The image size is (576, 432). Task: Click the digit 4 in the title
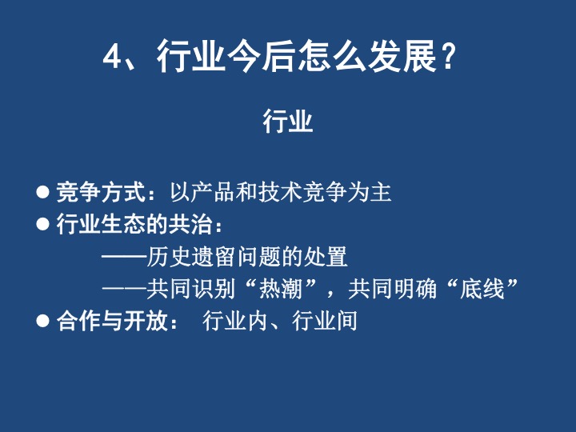coord(112,57)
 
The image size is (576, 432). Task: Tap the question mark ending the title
coord(448,57)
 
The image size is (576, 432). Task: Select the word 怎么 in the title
coord(332,56)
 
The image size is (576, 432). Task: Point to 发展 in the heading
coord(402,56)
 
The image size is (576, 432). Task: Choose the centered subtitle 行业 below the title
coord(288,121)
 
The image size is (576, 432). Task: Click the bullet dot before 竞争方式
coord(43,192)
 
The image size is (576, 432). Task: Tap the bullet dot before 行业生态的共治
coord(43,224)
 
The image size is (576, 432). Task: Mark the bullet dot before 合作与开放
coord(43,320)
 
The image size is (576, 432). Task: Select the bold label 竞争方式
coord(102,192)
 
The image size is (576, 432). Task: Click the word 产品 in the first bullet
coord(213,192)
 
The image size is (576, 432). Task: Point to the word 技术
coord(280,192)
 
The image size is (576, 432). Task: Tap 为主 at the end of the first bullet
coord(369,192)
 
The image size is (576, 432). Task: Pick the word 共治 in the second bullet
coord(190,224)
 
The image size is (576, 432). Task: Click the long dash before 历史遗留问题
coord(124,257)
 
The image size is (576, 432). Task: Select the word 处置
coord(326,257)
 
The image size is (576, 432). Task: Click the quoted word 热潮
coord(281,288)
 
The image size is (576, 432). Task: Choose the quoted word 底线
coord(482,288)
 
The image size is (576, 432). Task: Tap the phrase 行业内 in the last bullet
coord(235,320)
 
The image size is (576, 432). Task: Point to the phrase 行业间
coord(325,320)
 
